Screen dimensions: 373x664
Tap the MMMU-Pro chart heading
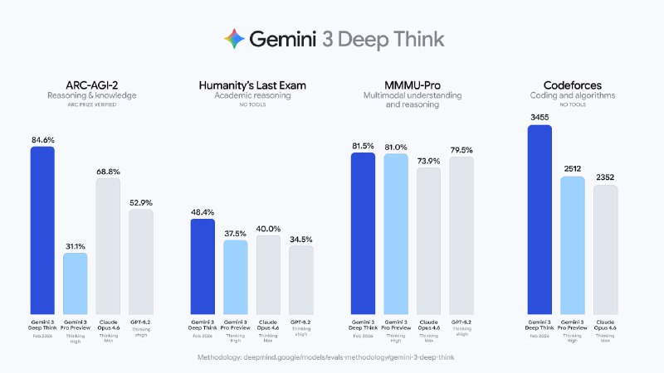(403, 85)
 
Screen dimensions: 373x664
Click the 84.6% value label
(42, 140)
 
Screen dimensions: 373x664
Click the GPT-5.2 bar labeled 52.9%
(141, 261)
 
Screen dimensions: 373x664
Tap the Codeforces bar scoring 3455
(540, 220)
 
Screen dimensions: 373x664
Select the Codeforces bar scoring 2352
(606, 249)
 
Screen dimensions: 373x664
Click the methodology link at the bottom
(332, 357)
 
